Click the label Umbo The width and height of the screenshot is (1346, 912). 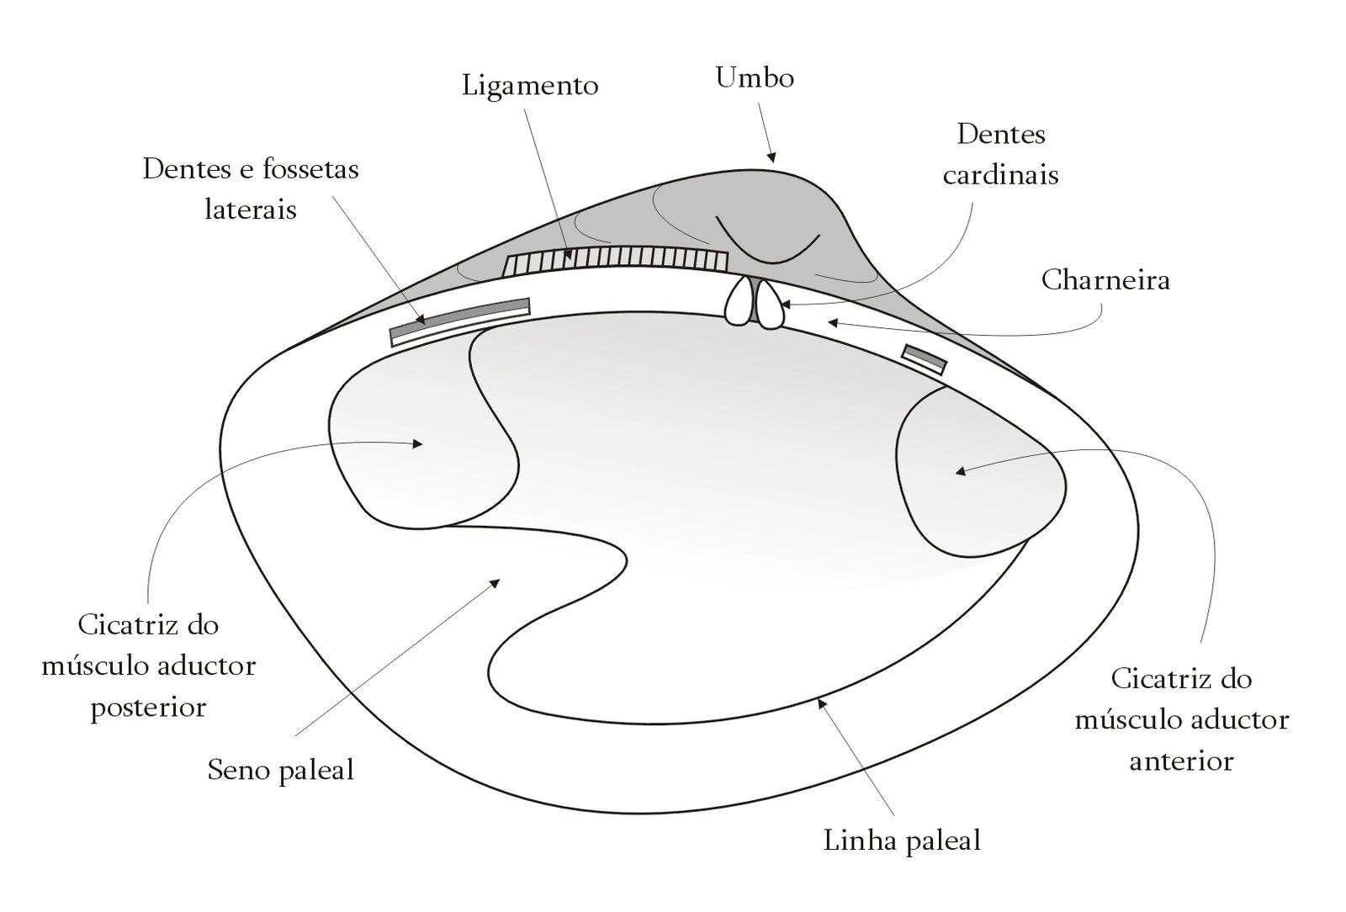point(755,78)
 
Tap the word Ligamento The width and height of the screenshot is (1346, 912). point(530,86)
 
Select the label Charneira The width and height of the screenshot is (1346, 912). point(1105,279)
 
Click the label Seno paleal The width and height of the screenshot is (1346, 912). point(280,770)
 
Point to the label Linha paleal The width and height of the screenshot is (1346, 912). point(902,840)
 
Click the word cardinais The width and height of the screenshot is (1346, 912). point(1000,175)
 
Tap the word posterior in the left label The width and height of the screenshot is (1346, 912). point(148,707)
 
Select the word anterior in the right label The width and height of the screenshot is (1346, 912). point(1181,761)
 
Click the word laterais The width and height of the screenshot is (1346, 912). point(251,209)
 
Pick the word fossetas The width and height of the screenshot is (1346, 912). point(310,169)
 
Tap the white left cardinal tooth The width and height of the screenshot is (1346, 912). point(739,303)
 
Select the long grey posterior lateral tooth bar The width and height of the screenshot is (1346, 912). point(459,316)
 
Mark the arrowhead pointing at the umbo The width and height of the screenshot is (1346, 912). point(771,157)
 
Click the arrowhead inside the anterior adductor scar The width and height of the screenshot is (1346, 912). point(959,471)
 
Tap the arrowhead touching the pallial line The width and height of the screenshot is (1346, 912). point(821,701)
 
